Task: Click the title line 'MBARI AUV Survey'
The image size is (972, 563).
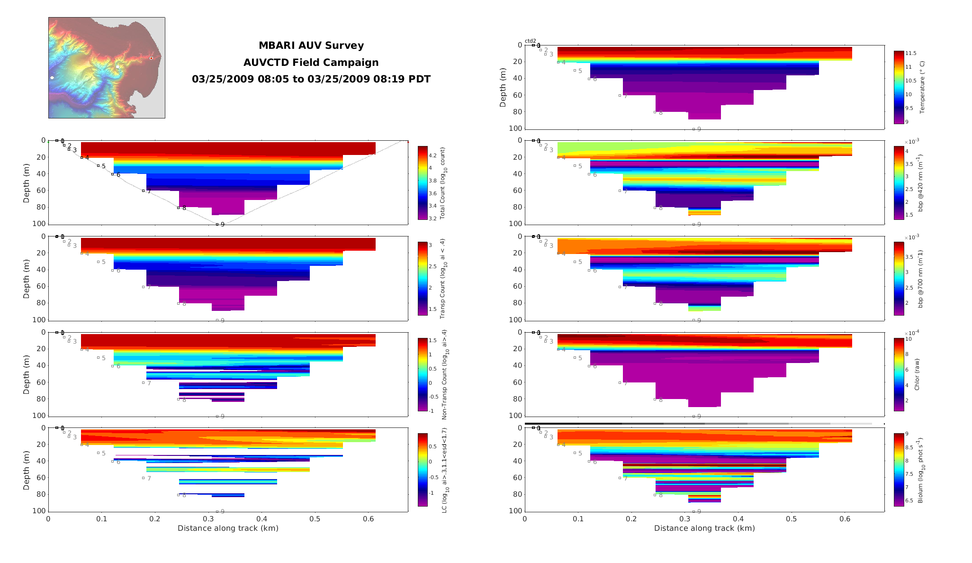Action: click(x=311, y=45)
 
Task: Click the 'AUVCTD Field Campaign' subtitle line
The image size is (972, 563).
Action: click(x=311, y=63)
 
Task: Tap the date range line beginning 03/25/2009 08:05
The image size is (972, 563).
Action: click(x=311, y=79)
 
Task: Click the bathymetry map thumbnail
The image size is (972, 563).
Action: click(x=107, y=68)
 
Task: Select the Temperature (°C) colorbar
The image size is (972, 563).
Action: click(x=899, y=87)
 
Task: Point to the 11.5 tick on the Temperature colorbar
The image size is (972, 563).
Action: click(x=910, y=53)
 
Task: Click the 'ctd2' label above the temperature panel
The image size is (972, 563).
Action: click(x=530, y=41)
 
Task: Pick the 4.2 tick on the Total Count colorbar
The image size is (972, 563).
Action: click(x=433, y=155)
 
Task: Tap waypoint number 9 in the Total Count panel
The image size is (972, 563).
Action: click(x=222, y=225)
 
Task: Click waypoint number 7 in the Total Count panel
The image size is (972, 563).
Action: click(x=149, y=191)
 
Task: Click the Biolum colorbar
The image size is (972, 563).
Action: click(x=899, y=470)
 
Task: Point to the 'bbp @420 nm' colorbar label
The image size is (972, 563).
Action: click(x=921, y=183)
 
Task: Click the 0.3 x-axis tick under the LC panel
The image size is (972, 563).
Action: click(x=208, y=519)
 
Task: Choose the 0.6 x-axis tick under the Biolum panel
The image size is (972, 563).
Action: click(x=845, y=519)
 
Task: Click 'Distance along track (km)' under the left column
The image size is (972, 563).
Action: click(x=228, y=528)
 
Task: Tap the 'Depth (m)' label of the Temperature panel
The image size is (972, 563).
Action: click(x=503, y=87)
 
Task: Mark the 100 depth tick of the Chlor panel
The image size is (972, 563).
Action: click(x=515, y=416)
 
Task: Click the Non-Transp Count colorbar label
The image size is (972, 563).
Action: click(x=444, y=374)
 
